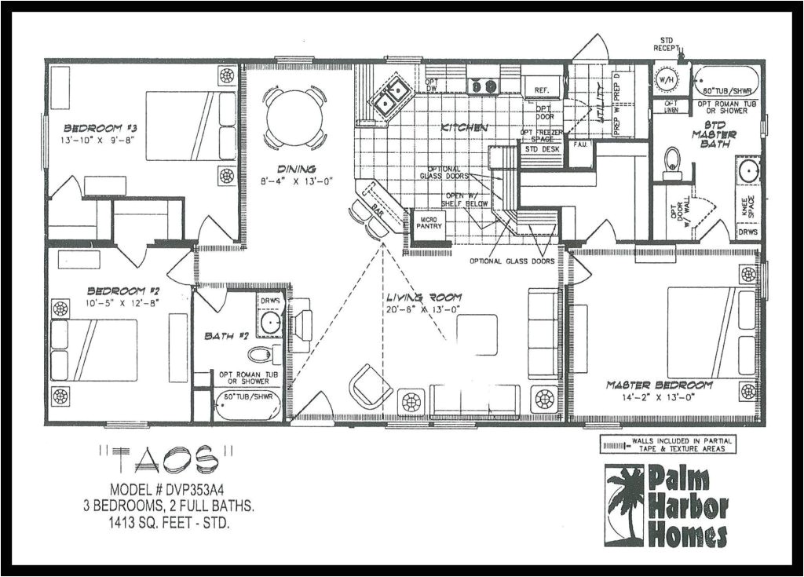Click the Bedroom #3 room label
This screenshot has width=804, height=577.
90,128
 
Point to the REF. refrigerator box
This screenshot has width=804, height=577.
542,90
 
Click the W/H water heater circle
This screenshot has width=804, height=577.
666,79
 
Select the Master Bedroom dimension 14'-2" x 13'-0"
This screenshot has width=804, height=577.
659,397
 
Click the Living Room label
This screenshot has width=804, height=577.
423,298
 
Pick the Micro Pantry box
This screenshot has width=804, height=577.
429,223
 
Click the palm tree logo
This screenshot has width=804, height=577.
624,504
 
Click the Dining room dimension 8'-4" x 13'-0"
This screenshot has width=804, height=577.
296,180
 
